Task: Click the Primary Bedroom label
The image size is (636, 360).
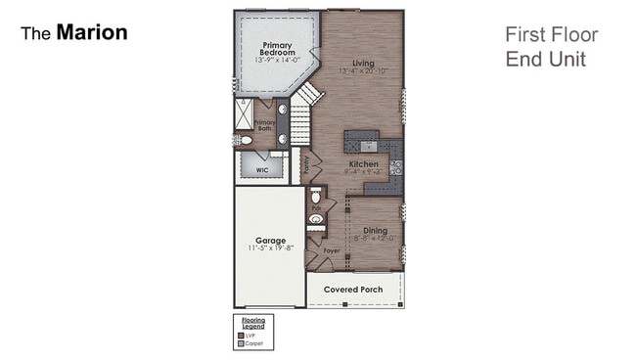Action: pyautogui.click(x=279, y=50)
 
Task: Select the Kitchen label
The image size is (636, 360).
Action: pyautogui.click(x=364, y=165)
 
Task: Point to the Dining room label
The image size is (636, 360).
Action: pyautogui.click(x=374, y=232)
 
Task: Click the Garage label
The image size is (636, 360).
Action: pyautogui.click(x=270, y=241)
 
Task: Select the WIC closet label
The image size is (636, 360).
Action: pyautogui.click(x=262, y=169)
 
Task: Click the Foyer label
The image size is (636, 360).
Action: pyautogui.click(x=333, y=251)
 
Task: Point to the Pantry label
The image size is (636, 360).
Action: pyautogui.click(x=306, y=167)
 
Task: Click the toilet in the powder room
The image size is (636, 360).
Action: pyautogui.click(x=316, y=195)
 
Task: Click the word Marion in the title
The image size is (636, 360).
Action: pyautogui.click(x=91, y=32)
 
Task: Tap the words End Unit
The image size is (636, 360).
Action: pyautogui.click(x=545, y=59)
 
